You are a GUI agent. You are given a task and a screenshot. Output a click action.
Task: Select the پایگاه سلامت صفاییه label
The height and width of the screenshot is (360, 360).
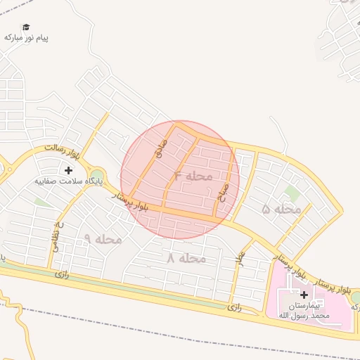pyautogui.click(x=69, y=181)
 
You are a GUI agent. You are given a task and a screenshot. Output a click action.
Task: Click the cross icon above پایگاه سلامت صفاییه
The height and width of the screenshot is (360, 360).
pyautogui.click(x=68, y=170)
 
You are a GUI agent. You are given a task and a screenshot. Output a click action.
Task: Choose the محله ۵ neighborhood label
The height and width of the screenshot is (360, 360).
pyautogui.click(x=281, y=209)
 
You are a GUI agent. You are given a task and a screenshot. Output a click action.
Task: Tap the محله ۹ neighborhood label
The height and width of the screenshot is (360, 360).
pyautogui.click(x=103, y=239)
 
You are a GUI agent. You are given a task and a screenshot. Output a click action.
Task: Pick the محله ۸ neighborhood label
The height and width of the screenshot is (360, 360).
pyautogui.click(x=186, y=258)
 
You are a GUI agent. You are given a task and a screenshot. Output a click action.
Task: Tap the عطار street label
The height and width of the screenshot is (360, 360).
pyautogui.click(x=240, y=258)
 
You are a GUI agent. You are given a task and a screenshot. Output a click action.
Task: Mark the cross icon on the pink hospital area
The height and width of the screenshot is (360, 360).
pyautogui.click(x=304, y=295)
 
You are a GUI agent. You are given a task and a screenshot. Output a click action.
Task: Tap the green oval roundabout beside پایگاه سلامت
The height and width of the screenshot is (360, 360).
pyautogui.click(x=97, y=176)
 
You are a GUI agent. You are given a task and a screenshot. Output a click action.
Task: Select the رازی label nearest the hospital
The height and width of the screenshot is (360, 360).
pyautogui.click(x=234, y=307)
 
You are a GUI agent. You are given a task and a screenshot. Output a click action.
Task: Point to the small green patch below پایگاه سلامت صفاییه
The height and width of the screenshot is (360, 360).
pyautogui.click(x=44, y=202)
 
